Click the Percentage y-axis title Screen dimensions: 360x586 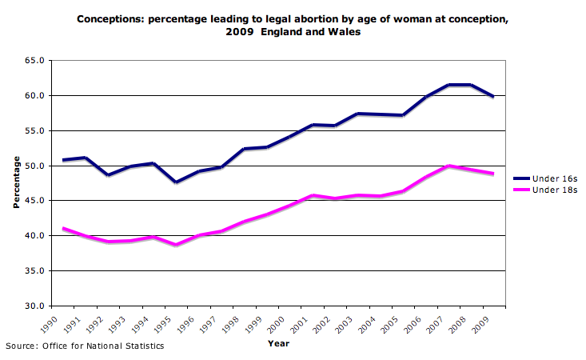[16, 183]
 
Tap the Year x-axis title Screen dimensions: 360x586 [279, 344]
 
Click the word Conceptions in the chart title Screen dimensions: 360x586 [109, 19]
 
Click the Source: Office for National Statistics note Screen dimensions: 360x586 [85, 346]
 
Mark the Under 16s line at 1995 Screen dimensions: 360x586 [175, 182]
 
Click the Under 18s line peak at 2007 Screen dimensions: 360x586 [450, 166]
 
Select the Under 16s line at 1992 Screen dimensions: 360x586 [108, 174]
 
